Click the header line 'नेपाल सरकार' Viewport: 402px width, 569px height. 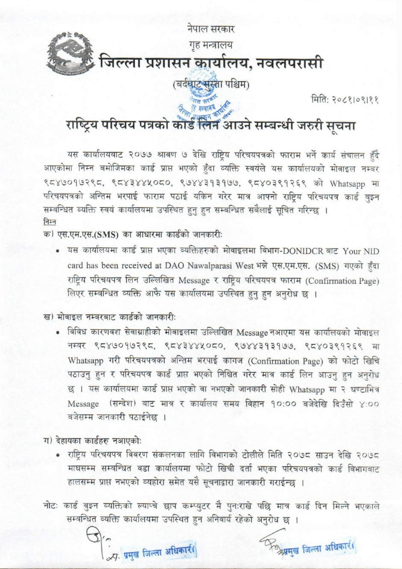[210, 30]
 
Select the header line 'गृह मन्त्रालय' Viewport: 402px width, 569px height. [210, 45]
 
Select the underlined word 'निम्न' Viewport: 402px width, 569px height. [50, 222]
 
